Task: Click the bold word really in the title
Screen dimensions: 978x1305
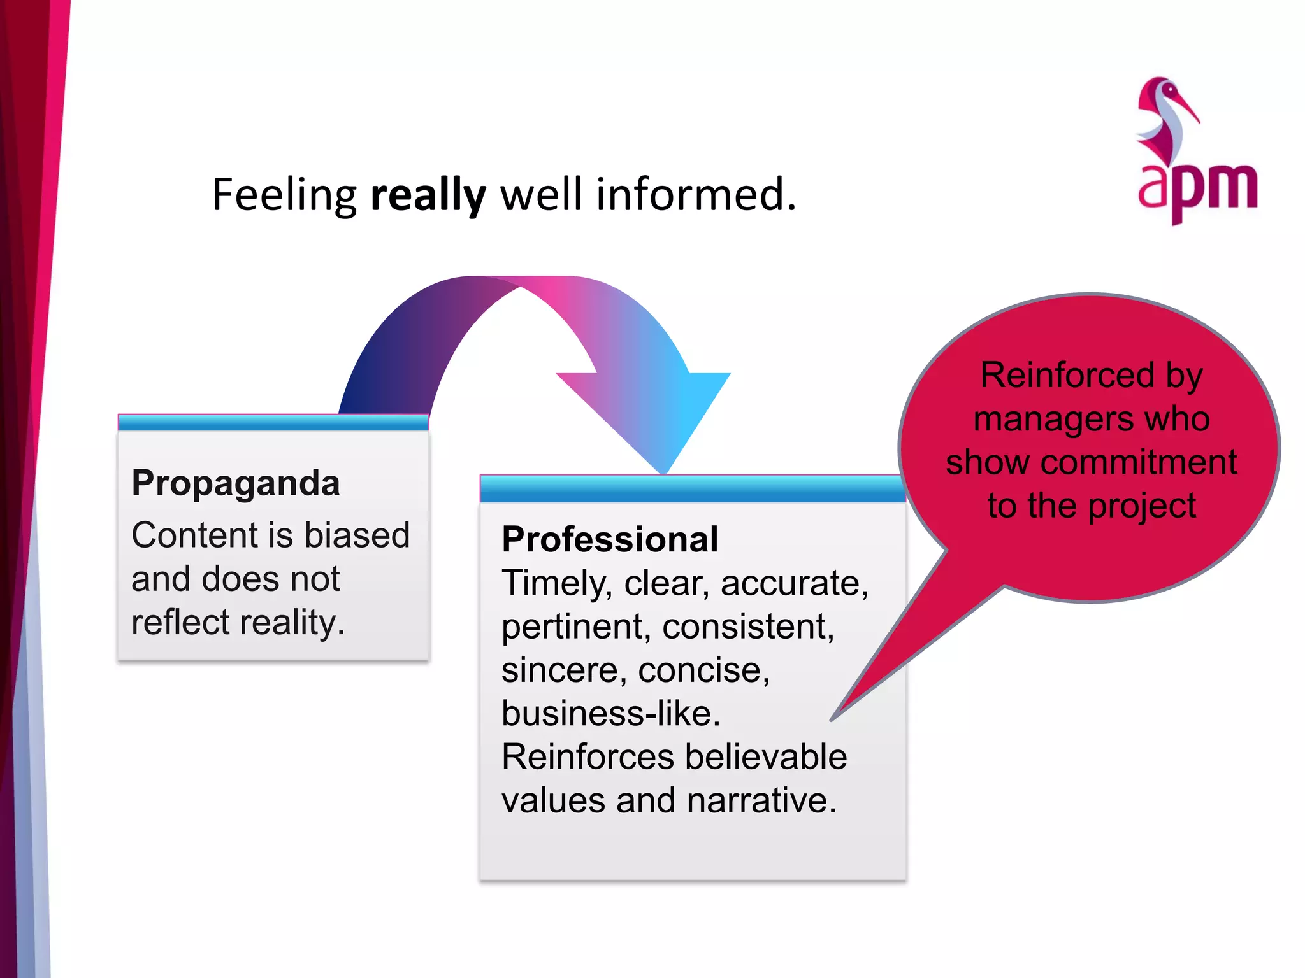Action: pyautogui.click(x=428, y=195)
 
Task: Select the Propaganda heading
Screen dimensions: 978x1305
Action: pyautogui.click(x=236, y=483)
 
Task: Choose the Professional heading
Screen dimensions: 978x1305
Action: pyautogui.click(x=610, y=539)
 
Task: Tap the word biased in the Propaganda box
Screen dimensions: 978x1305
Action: pyautogui.click(x=357, y=535)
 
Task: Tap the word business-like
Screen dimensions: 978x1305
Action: pyautogui.click(x=610, y=713)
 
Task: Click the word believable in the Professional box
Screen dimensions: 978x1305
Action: pyautogui.click(x=765, y=756)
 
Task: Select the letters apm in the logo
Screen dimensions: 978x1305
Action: pyautogui.click(x=1197, y=188)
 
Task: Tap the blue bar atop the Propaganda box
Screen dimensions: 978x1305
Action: pyautogui.click(x=273, y=423)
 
